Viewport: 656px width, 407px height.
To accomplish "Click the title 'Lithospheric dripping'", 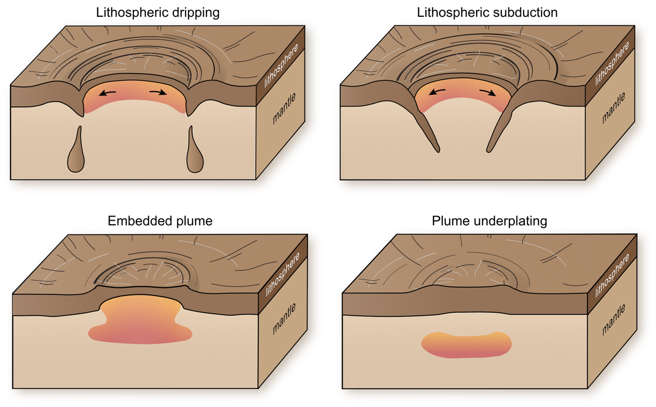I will (x=158, y=13).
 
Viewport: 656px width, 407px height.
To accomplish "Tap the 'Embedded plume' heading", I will (x=160, y=221).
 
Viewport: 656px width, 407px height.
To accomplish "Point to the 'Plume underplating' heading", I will (x=489, y=221).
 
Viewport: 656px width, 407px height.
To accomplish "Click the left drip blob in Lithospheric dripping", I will (x=76, y=156).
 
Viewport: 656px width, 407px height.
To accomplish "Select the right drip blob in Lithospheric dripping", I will (x=195, y=156).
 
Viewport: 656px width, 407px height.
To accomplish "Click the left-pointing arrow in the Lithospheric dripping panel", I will (x=108, y=93).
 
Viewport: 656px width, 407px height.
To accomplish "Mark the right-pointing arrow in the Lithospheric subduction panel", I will (x=487, y=92).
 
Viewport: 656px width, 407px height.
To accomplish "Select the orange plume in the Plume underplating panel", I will (x=466, y=345).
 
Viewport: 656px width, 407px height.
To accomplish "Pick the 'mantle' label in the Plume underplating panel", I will (x=613, y=320).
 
